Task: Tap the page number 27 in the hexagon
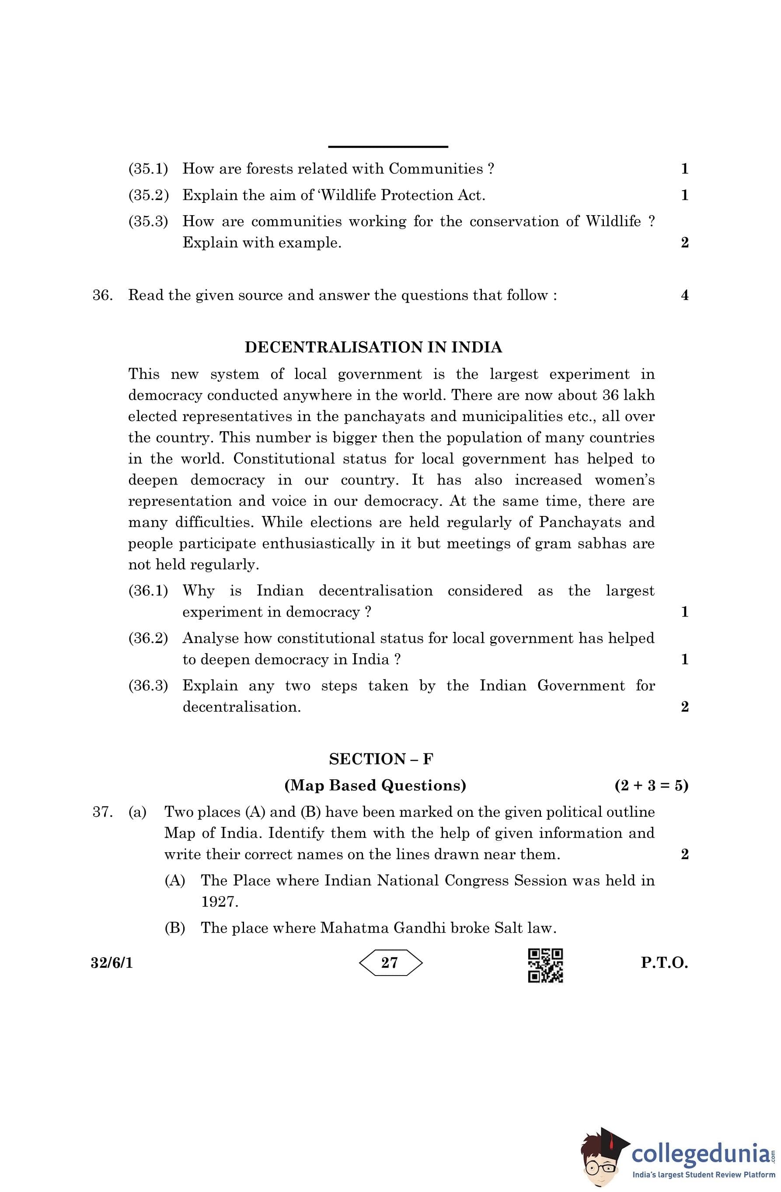389,962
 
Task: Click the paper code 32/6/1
112,962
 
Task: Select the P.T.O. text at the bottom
664,962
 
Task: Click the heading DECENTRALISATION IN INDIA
373,347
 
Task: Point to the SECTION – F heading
381,759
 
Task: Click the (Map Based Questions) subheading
375,785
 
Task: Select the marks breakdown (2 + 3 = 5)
651,785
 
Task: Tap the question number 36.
102,295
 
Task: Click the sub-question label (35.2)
148,195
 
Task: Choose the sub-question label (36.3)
148,685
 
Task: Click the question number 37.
102,812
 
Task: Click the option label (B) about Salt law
175,928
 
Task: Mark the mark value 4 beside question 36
685,295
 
